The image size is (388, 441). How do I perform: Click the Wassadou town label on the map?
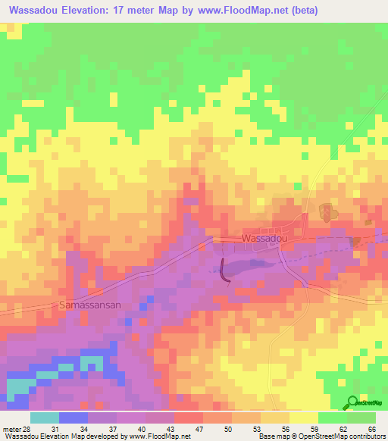point(264,238)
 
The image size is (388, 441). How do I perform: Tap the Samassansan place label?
point(89,305)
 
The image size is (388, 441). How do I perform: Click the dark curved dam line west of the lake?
point(224,272)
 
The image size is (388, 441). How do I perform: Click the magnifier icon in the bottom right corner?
point(353,403)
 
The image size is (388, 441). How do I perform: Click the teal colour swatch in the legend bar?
point(45,418)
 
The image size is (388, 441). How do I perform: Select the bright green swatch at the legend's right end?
point(362,418)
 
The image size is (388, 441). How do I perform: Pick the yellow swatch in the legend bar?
point(304,418)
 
